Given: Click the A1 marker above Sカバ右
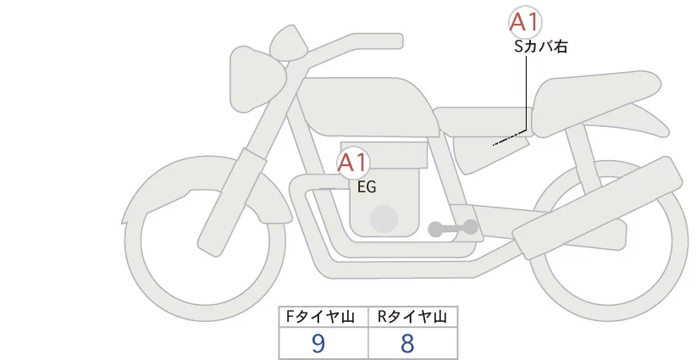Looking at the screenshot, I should coord(525,23).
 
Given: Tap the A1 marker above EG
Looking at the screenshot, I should coord(353,163).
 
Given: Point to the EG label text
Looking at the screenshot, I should coord(367,186).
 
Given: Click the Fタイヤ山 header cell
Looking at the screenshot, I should coord(324,317).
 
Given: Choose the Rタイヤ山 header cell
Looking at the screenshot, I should coord(413,317).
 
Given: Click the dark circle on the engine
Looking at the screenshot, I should coord(385,219).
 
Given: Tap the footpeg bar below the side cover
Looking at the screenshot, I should coord(453,228).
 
